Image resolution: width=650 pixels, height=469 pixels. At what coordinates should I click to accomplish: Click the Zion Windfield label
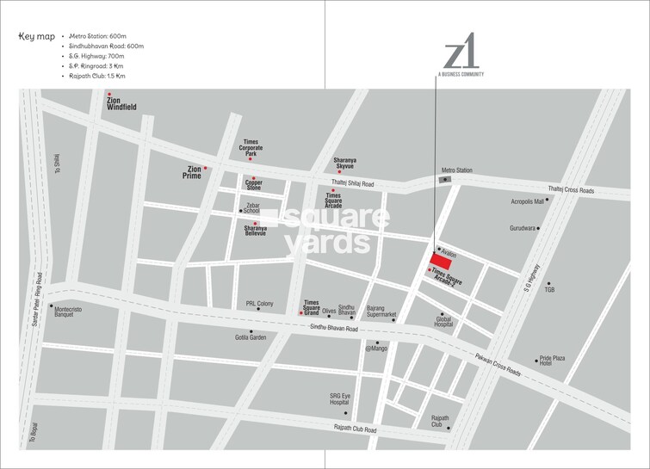pyautogui.click(x=120, y=104)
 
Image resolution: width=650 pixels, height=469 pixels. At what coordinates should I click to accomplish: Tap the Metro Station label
pyautogui.click(x=457, y=170)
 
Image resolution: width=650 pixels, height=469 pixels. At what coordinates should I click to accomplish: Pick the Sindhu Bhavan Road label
pyautogui.click(x=333, y=328)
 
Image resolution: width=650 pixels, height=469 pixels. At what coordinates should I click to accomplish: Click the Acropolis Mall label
pyautogui.click(x=528, y=201)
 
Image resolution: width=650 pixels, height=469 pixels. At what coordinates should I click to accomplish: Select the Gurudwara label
pyautogui.click(x=523, y=229)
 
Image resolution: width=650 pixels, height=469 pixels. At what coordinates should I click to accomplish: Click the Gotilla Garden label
pyautogui.click(x=251, y=338)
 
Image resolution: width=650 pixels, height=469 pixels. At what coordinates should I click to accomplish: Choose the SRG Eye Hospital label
pyautogui.click(x=339, y=399)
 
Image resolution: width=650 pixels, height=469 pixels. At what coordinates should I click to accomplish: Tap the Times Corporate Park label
pyautogui.click(x=251, y=147)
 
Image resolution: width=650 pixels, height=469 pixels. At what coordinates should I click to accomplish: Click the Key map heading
pyautogui.click(x=35, y=38)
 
